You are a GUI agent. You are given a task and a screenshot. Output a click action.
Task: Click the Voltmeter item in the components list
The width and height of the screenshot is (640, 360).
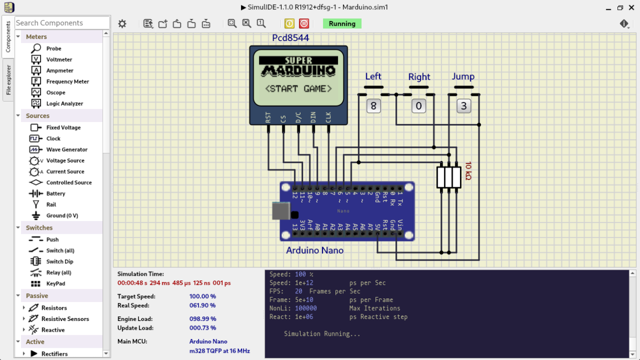tap(59, 59)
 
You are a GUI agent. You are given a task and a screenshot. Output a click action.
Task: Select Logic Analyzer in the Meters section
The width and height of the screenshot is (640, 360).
tap(64, 104)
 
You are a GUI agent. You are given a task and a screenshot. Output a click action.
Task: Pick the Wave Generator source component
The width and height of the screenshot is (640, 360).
tap(67, 150)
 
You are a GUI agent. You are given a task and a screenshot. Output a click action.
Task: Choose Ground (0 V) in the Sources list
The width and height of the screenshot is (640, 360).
tap(63, 216)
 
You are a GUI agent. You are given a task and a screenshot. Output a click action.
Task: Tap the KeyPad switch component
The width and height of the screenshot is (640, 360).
tap(55, 284)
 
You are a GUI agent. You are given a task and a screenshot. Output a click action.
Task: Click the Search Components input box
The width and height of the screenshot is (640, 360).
tap(62, 23)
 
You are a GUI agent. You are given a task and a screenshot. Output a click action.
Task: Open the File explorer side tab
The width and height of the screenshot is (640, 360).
tap(9, 80)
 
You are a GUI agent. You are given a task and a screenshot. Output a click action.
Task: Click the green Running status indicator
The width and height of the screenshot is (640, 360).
tap(342, 24)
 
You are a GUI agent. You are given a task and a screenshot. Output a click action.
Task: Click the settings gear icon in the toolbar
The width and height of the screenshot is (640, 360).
tap(122, 24)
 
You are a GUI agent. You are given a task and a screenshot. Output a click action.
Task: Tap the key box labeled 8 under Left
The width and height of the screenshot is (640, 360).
tap(373, 106)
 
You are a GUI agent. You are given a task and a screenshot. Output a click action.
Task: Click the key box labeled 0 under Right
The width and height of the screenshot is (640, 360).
tap(418, 106)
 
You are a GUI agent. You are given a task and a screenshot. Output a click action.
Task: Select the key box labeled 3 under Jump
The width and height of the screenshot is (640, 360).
tap(464, 106)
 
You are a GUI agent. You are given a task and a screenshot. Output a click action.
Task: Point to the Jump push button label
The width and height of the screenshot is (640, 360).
tap(463, 76)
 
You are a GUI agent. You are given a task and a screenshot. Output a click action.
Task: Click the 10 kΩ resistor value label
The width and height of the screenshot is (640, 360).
tap(468, 171)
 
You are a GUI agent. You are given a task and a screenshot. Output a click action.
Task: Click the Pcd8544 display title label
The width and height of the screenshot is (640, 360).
tap(291, 38)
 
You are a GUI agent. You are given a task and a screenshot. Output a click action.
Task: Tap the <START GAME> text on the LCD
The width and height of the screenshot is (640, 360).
tap(298, 89)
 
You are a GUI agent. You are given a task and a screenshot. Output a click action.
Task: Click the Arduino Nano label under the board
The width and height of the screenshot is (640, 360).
tap(315, 251)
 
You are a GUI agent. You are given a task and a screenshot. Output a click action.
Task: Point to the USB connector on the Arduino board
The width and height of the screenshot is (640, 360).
tap(281, 210)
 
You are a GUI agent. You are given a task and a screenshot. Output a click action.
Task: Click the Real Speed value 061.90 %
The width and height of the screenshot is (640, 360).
tap(203, 306)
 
